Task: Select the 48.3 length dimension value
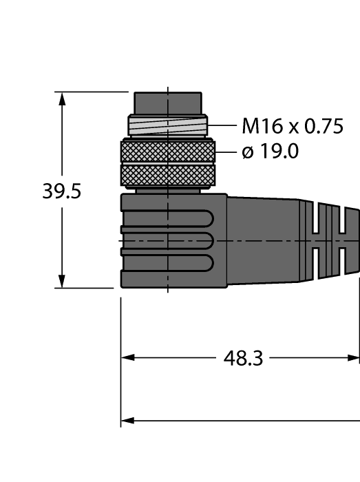tap(243, 358)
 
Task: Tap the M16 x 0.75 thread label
tap(292, 126)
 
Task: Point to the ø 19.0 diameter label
tap(271, 151)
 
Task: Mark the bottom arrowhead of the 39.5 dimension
tap(62, 282)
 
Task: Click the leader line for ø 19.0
tap(226, 151)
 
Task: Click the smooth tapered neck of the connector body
tap(265, 240)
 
